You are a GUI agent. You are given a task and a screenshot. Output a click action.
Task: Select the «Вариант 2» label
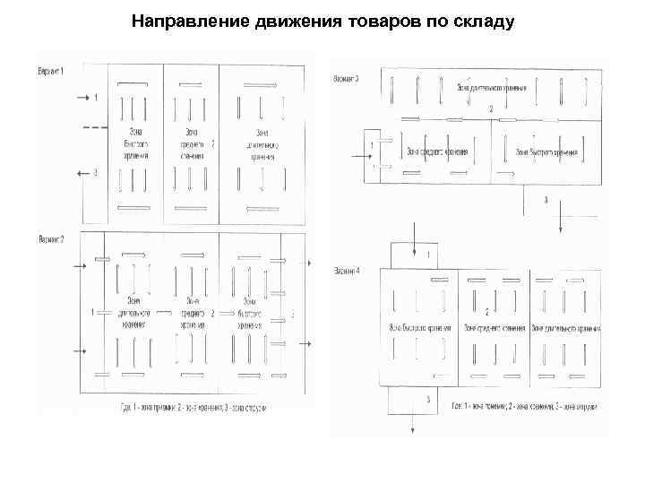pos(50,240)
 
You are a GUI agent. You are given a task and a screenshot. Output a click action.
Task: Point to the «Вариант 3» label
pos(347,79)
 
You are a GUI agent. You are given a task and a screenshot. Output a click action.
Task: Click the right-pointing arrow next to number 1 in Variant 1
pos(80,97)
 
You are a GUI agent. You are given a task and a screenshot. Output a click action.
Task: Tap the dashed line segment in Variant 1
pos(93,129)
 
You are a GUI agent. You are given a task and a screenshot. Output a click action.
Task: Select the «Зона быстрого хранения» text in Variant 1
pos(137,143)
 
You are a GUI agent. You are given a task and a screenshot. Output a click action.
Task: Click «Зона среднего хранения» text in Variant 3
pos(437,150)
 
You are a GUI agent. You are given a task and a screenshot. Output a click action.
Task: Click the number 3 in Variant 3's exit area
pos(546,198)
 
